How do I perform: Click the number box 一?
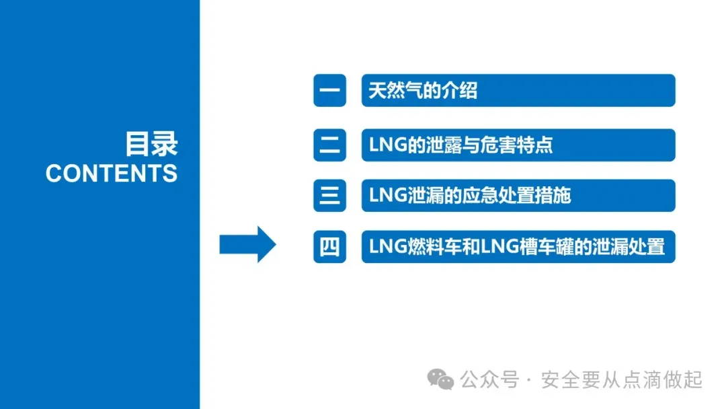pos(329,91)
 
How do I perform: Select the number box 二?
pos(329,144)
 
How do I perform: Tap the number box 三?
pos(329,196)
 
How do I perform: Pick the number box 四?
pos(329,247)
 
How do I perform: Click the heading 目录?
pos(151,144)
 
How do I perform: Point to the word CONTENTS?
pos(112,174)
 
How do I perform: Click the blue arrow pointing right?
pos(247,244)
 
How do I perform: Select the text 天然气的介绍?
pos(422,91)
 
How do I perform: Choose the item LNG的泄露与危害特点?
pos(460,144)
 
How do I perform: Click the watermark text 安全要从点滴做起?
pos(621,380)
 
